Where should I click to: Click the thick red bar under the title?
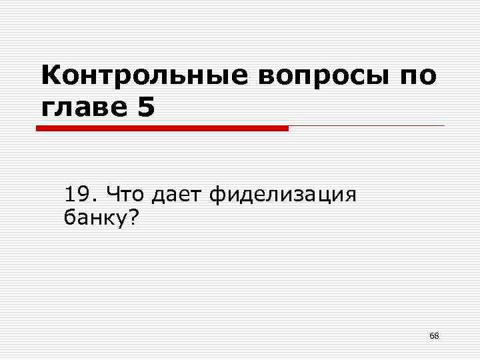(162, 128)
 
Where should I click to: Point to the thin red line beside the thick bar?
(367, 126)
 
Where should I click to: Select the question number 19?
(79, 195)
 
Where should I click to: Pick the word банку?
(92, 217)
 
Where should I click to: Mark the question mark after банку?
(127, 217)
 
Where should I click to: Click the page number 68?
(434, 335)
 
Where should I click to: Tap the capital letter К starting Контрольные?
(51, 75)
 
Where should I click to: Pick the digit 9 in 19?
(85, 195)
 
